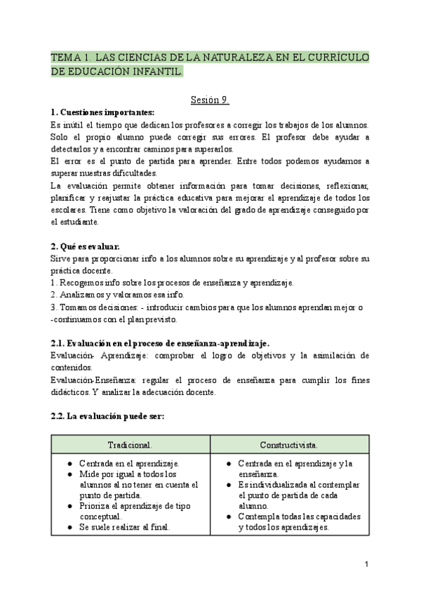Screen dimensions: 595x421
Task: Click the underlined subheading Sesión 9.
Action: click(x=210, y=100)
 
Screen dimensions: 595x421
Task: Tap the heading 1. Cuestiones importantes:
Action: click(x=102, y=112)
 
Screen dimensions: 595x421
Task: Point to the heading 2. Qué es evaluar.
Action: click(x=85, y=246)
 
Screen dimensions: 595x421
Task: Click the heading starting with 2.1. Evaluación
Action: click(x=160, y=342)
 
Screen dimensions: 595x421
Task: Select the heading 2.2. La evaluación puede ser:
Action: click(x=107, y=416)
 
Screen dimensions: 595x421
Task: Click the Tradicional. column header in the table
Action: click(x=131, y=446)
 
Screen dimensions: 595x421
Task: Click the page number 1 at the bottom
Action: click(x=366, y=564)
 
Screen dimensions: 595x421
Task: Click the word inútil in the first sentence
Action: click(x=73, y=124)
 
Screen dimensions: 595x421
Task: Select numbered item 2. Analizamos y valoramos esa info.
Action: click(x=108, y=295)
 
